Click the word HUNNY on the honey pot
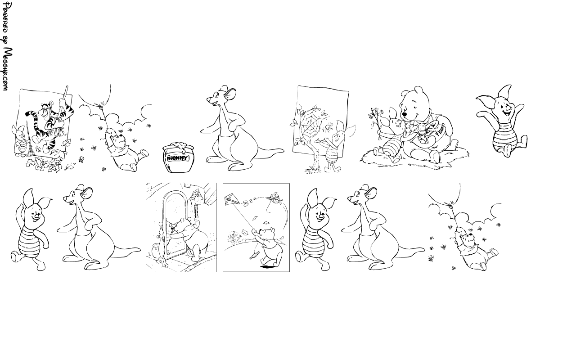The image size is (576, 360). pos(178,158)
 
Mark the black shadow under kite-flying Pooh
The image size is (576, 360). pos(267,267)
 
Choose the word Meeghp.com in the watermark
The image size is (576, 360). pos(7,69)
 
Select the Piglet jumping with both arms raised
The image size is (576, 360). pos(500,121)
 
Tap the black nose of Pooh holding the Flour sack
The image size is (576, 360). pos(404,114)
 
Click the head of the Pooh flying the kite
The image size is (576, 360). pos(265,233)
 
